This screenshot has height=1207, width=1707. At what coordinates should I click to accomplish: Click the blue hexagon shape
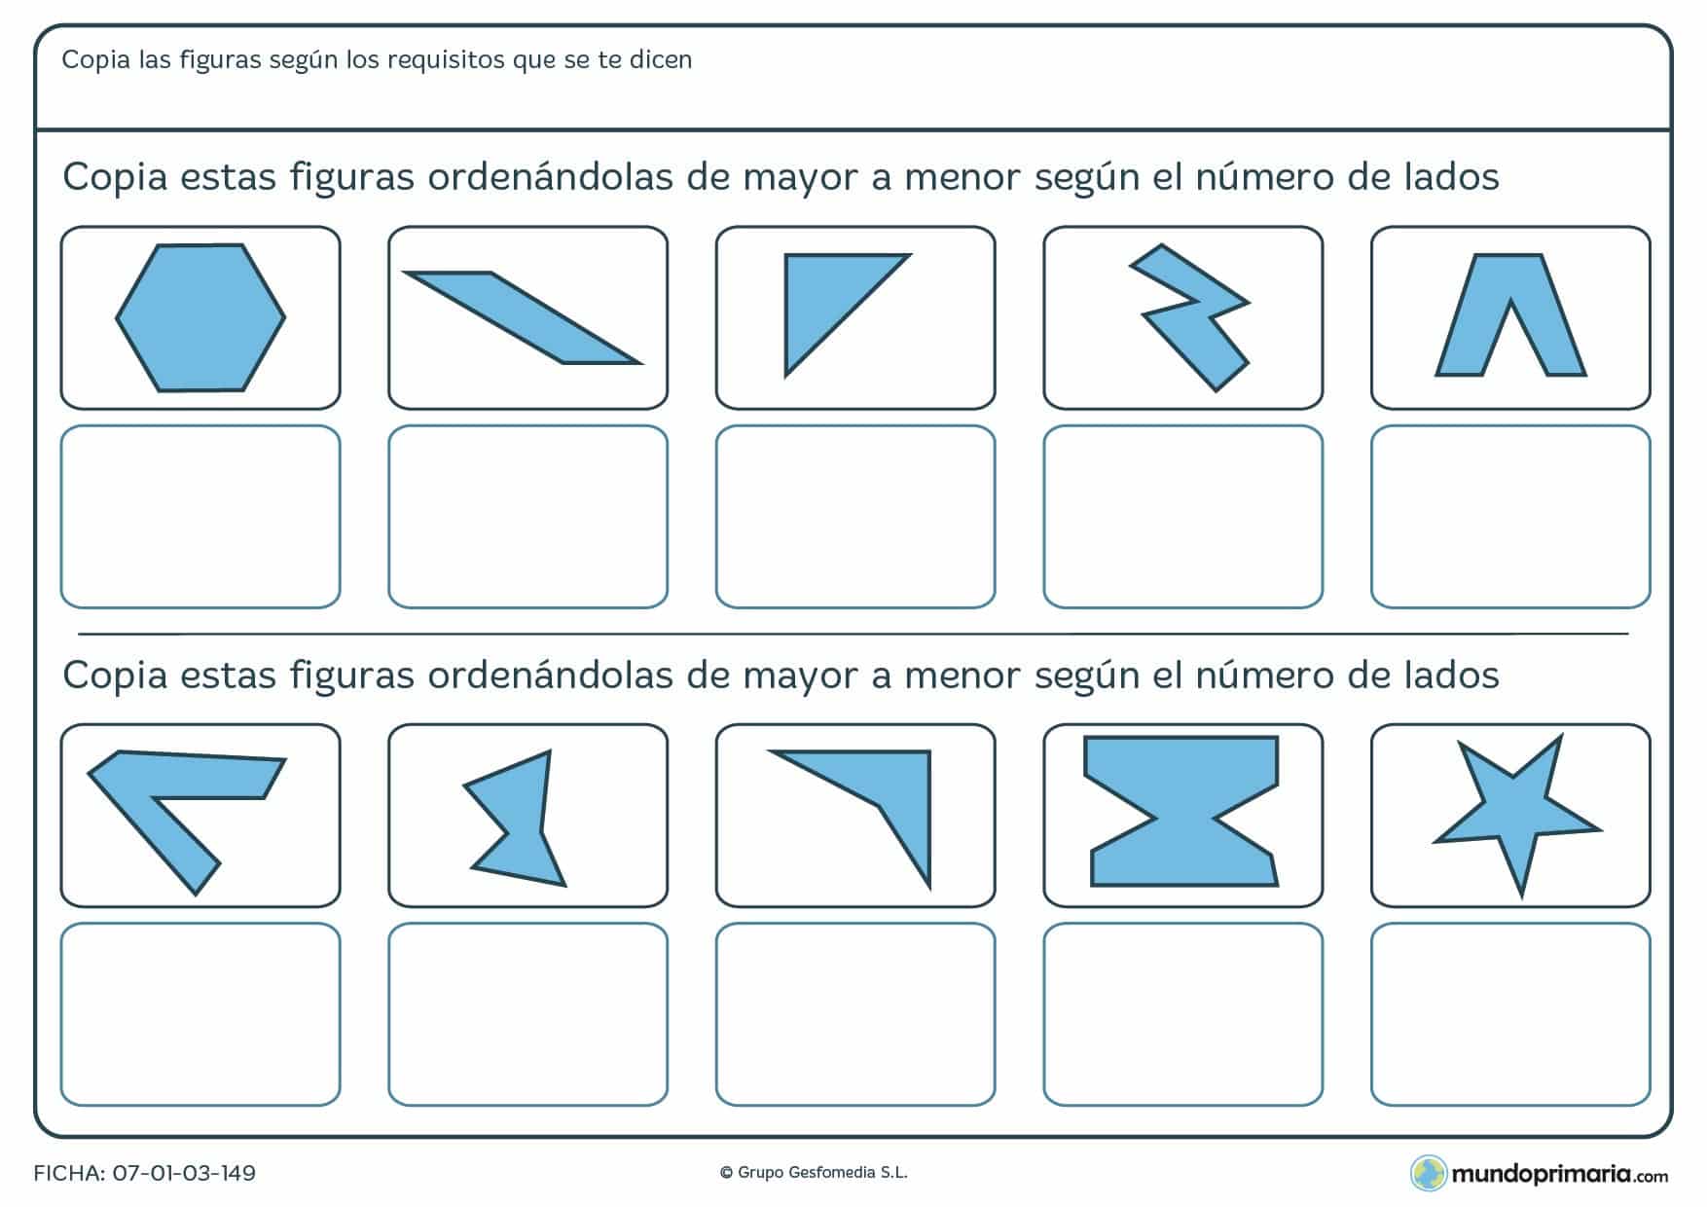(200, 317)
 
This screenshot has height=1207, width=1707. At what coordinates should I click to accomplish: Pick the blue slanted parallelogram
(523, 317)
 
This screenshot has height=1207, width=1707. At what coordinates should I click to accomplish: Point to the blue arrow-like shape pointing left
(175, 798)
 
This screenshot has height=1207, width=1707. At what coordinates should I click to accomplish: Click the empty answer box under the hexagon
(200, 517)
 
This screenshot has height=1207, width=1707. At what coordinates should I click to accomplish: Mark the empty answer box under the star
(1510, 1014)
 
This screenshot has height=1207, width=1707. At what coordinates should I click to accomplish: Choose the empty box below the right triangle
(855, 517)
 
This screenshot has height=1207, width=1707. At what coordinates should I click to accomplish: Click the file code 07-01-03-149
(184, 1173)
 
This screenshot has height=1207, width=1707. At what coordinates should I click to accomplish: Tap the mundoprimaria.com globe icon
(1428, 1173)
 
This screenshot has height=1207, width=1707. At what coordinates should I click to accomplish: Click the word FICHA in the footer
(68, 1173)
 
